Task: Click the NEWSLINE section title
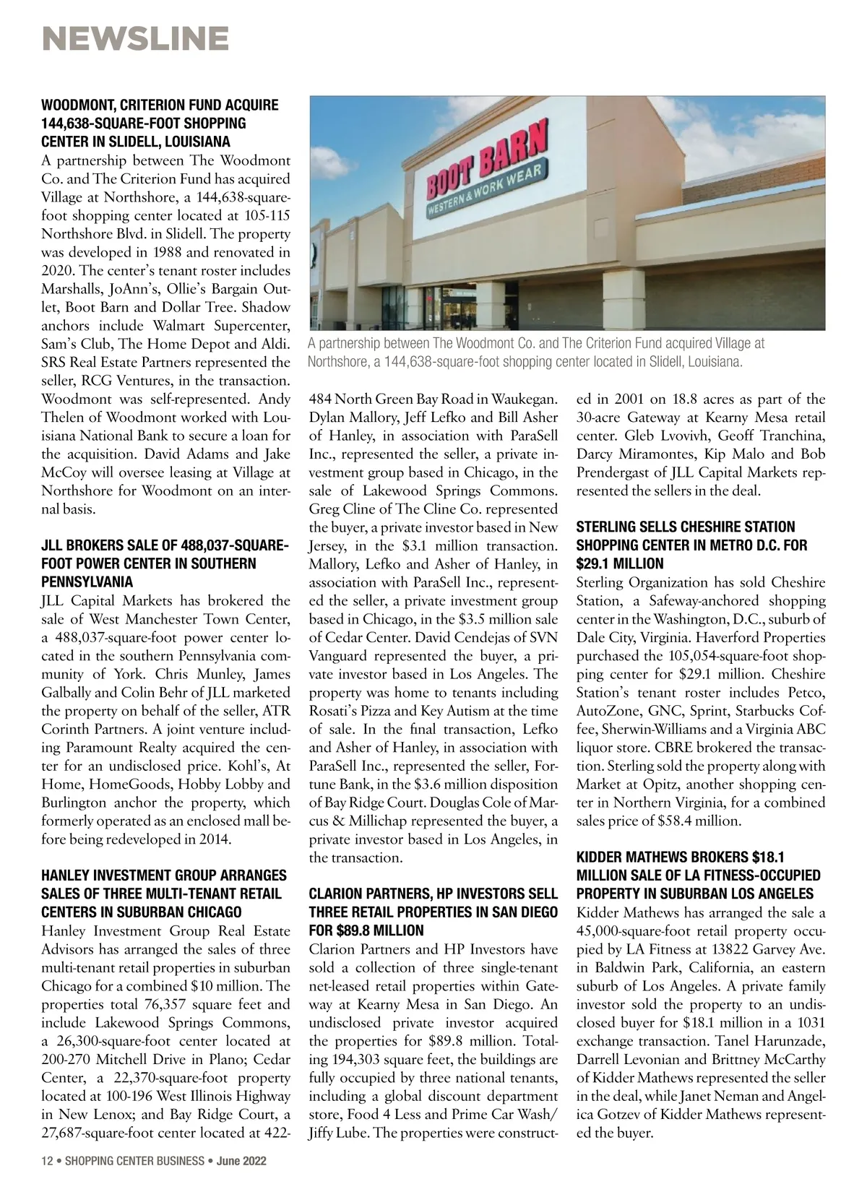135,38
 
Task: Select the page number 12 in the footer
47,1161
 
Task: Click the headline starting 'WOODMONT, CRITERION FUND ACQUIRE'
160,105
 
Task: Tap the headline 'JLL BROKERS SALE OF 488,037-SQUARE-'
165,545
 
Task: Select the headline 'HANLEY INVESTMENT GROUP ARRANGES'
164,875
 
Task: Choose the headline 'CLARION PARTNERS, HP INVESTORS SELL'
433,894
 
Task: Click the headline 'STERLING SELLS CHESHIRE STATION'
685,527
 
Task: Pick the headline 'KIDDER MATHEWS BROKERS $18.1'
680,857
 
